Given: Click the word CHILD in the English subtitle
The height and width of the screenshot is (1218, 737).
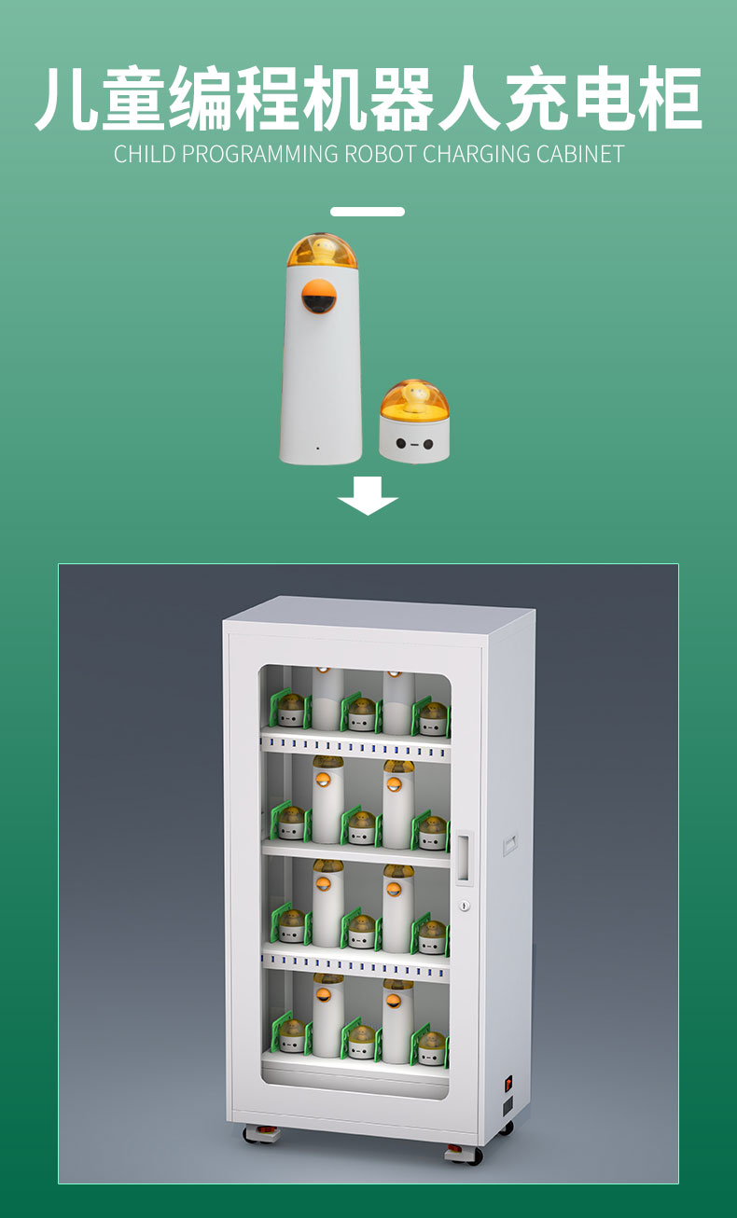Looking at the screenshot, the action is (145, 155).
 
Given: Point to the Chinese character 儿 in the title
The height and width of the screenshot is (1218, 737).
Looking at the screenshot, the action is (67, 99).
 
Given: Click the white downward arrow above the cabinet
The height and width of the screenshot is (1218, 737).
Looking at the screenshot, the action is (368, 496).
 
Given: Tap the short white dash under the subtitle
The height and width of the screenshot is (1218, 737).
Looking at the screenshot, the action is (368, 212).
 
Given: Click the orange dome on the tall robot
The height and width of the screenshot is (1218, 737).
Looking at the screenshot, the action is (322, 251).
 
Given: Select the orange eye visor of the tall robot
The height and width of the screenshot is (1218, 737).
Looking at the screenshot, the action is (319, 297).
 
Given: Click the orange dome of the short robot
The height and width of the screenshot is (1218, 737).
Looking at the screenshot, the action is (414, 398).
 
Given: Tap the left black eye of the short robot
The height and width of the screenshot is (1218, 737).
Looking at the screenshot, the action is (401, 444).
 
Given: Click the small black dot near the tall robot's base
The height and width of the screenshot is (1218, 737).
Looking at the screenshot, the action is (317, 449).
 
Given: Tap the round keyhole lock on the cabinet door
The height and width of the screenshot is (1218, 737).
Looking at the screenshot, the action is (464, 906).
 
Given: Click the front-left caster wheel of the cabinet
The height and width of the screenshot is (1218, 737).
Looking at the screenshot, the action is (261, 1134).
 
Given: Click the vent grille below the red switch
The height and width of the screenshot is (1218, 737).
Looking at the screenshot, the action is (508, 1106).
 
